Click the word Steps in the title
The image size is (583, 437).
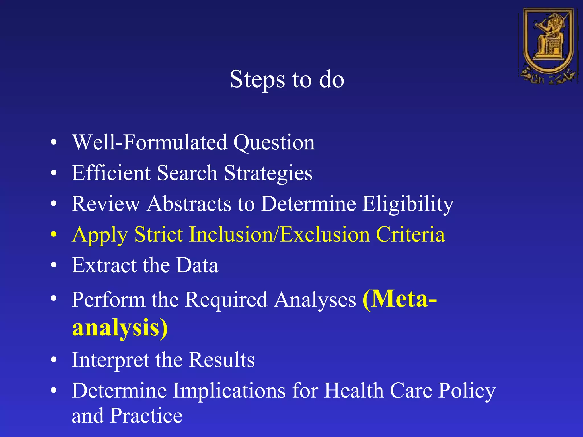(x=257, y=80)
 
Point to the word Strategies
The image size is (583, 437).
(x=268, y=174)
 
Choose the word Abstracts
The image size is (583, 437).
(x=189, y=204)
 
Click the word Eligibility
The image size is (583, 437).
(x=408, y=204)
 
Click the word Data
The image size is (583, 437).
(x=197, y=265)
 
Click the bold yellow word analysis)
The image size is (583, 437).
(x=120, y=328)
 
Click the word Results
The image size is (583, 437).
(x=222, y=360)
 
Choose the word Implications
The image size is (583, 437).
(x=229, y=391)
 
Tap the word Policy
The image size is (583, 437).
(x=467, y=391)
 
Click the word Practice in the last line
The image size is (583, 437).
(x=146, y=416)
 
